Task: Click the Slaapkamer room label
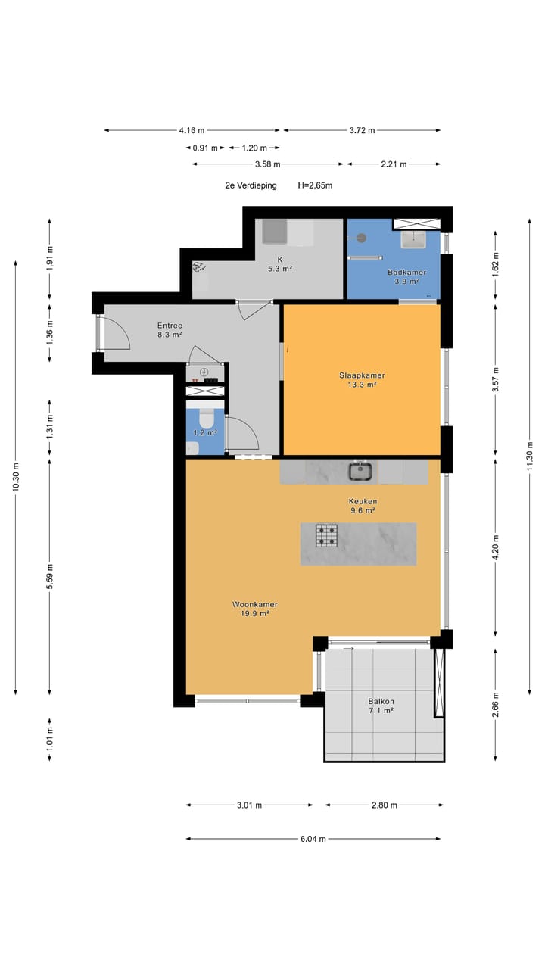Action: (362, 375)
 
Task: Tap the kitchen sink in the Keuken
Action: (360, 472)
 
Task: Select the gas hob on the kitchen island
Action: (326, 535)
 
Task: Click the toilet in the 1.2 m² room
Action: (207, 419)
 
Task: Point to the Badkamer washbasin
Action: (413, 239)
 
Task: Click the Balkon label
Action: (381, 701)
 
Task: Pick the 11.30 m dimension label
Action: (530, 456)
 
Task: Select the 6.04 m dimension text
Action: (313, 839)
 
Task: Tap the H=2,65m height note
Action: (315, 185)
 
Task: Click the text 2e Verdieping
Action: (251, 185)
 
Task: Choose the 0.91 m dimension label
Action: (205, 148)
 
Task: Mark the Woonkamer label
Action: (255, 604)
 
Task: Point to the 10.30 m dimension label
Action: (16, 477)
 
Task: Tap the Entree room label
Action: (170, 326)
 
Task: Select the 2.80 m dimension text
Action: (384, 805)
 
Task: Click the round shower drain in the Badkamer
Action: (362, 238)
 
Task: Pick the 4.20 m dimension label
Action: (495, 547)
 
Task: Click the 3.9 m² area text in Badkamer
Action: (406, 281)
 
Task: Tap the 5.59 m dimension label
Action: (50, 576)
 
